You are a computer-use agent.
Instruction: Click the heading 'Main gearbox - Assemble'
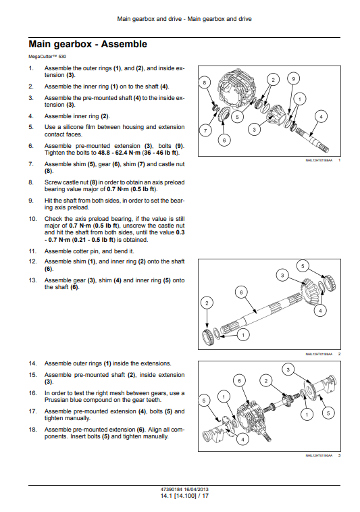coord(88,44)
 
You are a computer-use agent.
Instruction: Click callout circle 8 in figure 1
coord(205,82)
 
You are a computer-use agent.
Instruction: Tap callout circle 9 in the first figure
coord(293,79)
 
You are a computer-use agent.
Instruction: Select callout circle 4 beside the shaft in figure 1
coord(321,117)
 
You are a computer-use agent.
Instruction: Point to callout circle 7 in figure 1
coord(205,131)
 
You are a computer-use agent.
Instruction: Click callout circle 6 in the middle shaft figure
coord(241,292)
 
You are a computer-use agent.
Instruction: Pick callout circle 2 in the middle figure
coord(207,303)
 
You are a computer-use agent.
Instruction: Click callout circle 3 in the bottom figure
coord(288,369)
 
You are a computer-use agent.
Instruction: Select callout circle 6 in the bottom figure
coord(239,381)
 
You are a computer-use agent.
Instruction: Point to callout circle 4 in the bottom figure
coord(242,440)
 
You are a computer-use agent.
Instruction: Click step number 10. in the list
coord(33,219)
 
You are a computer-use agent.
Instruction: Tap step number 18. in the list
coord(33,430)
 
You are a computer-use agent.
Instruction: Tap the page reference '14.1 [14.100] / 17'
coord(184,496)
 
